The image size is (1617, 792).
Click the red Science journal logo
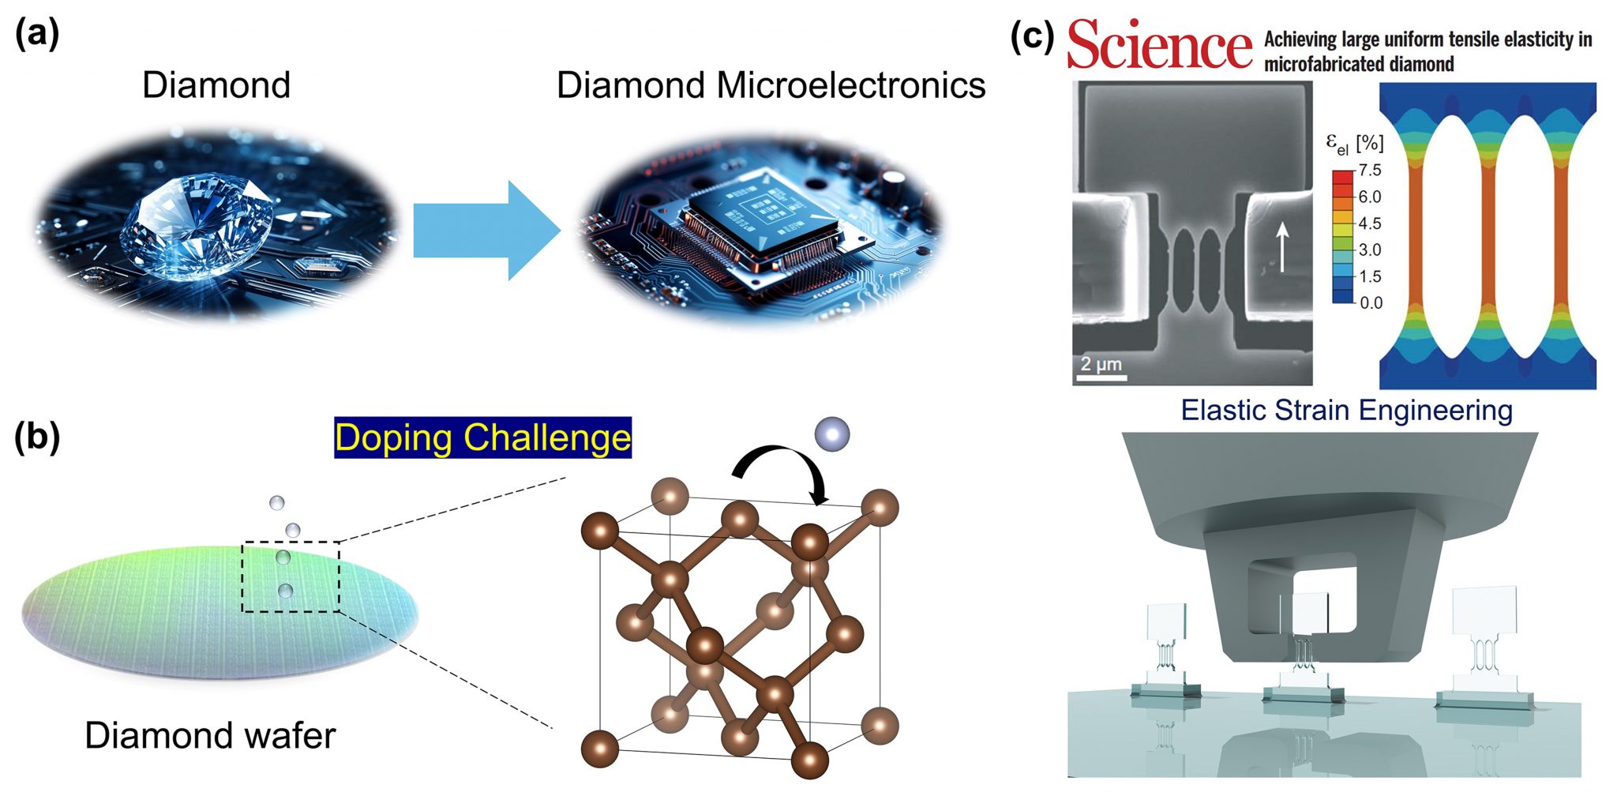[x=1158, y=45]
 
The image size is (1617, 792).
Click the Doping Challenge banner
[x=482, y=437]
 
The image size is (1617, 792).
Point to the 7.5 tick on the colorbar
[x=1370, y=170]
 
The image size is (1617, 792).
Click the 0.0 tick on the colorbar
[x=1371, y=302]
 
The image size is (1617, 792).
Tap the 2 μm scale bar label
[x=1101, y=363]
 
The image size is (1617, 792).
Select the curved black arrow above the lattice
[x=782, y=470]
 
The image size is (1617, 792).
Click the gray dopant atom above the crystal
[x=832, y=434]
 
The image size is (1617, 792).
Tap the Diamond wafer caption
[x=210, y=735]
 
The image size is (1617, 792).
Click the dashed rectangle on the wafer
[x=290, y=577]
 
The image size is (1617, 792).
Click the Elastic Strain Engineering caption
[x=1346, y=411]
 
